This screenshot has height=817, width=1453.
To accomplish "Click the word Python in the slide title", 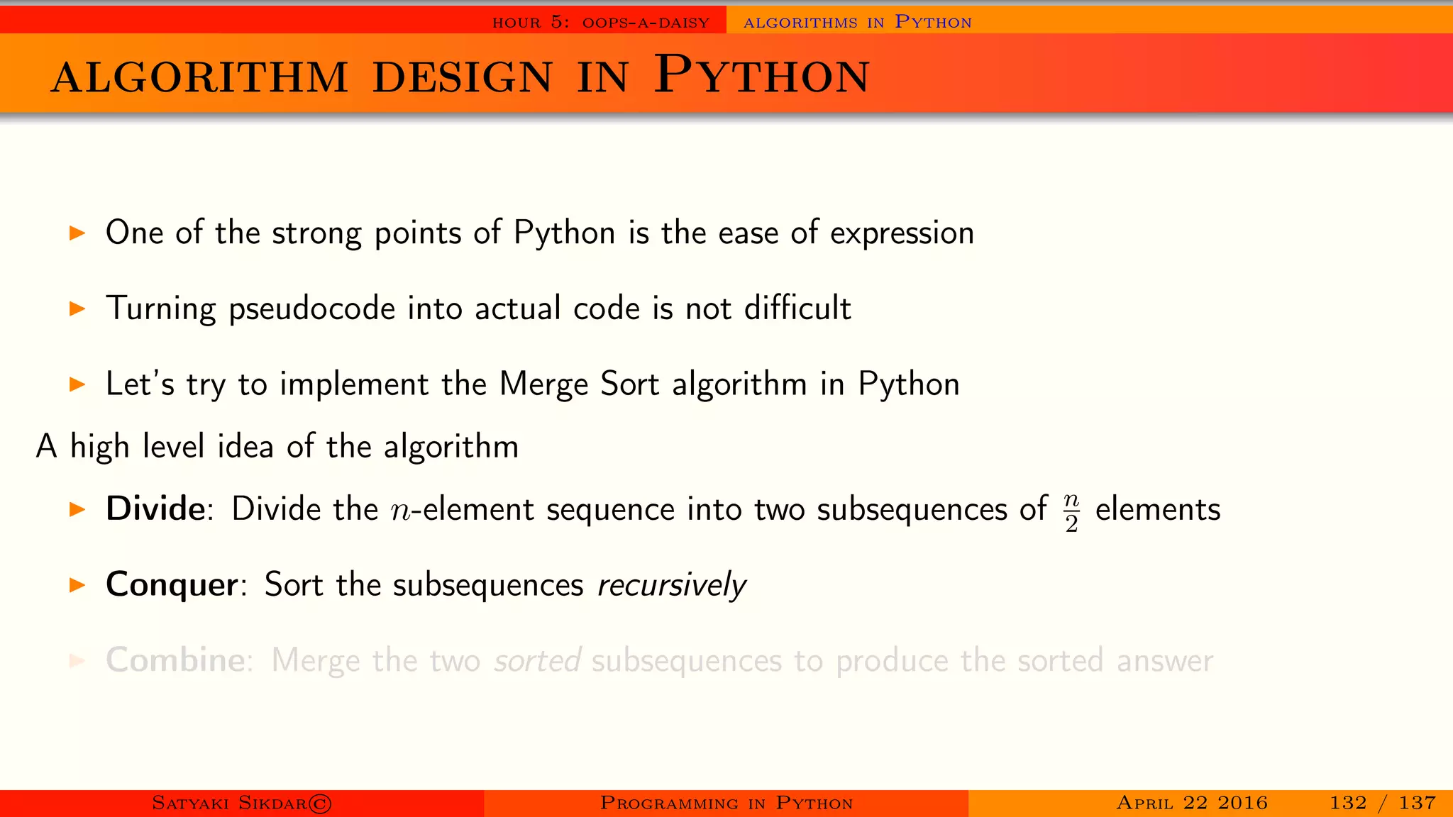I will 761,75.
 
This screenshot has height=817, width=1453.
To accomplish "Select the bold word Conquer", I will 172,585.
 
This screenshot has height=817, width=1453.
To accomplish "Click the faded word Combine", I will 175,660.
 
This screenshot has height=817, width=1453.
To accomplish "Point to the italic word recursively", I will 671,586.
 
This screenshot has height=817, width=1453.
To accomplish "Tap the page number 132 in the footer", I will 1348,803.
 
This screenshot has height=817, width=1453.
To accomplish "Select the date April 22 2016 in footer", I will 1192,803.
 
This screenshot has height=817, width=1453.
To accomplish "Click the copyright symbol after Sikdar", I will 320,804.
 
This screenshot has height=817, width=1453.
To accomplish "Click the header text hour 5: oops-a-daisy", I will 601,23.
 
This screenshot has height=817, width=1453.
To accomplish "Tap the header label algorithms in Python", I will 857,23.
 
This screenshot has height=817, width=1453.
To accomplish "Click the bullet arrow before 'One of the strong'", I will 77,233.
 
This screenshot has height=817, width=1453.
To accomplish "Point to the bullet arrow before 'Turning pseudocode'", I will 77,309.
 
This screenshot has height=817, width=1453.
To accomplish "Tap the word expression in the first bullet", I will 902,233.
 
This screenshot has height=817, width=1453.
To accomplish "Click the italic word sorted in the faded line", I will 538,661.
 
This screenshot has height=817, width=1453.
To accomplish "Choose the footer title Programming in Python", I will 726,803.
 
